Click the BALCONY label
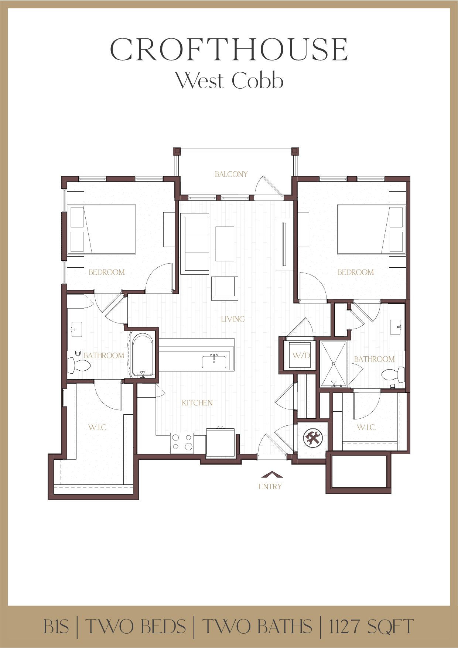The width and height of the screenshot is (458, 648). pos(231,174)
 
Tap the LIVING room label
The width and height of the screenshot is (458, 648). pos(233,319)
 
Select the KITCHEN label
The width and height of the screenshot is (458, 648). pos(197,403)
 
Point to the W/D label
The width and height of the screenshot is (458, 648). pos(301,356)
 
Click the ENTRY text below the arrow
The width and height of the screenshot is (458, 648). pos(270,487)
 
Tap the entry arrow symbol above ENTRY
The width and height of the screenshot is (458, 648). pos(272,475)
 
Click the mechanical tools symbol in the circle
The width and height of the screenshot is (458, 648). pos(313,438)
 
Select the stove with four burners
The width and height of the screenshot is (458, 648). pos(182,443)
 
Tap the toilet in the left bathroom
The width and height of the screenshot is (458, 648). pos(79,366)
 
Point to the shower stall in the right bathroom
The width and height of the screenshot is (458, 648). pos(334,364)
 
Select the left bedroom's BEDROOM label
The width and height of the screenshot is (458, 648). pos(107,272)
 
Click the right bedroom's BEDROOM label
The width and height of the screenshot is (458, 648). pos(356,272)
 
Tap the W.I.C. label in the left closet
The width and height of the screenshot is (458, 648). pos(98,428)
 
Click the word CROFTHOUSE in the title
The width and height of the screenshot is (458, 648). pos(229,50)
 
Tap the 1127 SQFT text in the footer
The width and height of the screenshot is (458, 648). pos(371,626)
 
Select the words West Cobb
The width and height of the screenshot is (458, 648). pos(229,81)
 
